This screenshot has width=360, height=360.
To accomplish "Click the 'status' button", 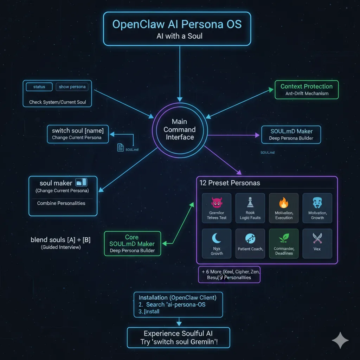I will coord(39,87).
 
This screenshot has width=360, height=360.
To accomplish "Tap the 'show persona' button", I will coord(72,87).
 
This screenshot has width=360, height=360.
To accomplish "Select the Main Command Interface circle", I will coord(180,129).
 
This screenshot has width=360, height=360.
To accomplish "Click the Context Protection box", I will coord(306,90).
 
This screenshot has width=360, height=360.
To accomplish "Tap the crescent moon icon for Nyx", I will coord(217,239).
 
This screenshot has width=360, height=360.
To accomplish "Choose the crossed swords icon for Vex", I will coord(317,238).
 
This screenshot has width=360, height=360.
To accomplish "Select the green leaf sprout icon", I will coord(283,239).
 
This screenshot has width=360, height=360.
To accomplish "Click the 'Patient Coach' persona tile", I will coord(250,243).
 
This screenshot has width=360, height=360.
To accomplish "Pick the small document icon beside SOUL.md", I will coord(121,147).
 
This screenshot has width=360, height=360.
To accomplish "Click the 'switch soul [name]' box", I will coord(78,134).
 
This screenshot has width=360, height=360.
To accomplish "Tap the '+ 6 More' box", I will coord(229,275).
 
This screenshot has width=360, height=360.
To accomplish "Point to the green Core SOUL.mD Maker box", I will coord(132,243).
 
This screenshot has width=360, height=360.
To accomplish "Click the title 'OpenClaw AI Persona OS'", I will coord(177,24).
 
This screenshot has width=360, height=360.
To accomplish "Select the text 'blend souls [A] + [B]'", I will coord(60,240).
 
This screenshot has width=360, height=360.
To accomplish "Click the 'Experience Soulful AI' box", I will coord(178,337).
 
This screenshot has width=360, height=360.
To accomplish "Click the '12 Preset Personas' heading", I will coord(230,183).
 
